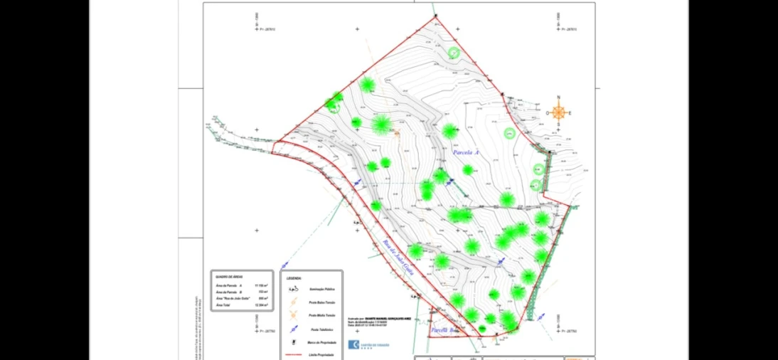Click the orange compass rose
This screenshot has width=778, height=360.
click(x=559, y=112)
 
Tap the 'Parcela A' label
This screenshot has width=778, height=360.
click(x=466, y=153)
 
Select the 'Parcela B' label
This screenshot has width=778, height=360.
click(x=444, y=331)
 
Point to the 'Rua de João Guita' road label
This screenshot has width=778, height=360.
click(x=398, y=259)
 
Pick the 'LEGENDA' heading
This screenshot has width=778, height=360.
click(x=294, y=278)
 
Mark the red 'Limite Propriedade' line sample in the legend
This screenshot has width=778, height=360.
click(x=294, y=354)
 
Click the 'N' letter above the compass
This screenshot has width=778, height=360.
click(x=559, y=98)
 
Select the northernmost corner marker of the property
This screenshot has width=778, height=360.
click(x=435, y=17)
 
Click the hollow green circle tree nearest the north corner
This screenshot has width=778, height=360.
click(x=454, y=52)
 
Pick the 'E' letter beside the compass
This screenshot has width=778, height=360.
click(x=570, y=113)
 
